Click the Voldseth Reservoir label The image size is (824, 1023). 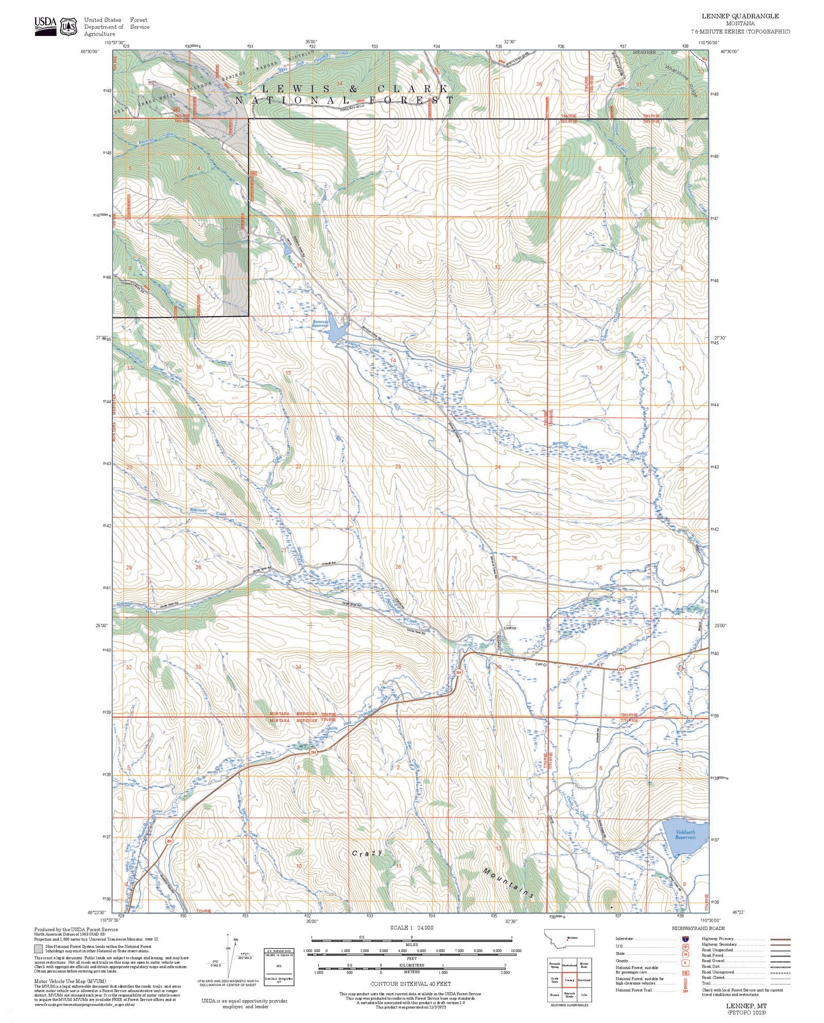pos(685,834)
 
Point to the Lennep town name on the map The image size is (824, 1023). pos(510,628)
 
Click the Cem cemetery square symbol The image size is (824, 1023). pos(545,664)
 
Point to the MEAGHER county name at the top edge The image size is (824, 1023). pos(644,52)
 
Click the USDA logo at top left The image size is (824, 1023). pos(45,25)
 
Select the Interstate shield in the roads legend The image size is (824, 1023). pos(685,939)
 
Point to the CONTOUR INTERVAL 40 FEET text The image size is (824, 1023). pos(410,983)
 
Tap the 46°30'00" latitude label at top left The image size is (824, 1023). pos(89,52)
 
